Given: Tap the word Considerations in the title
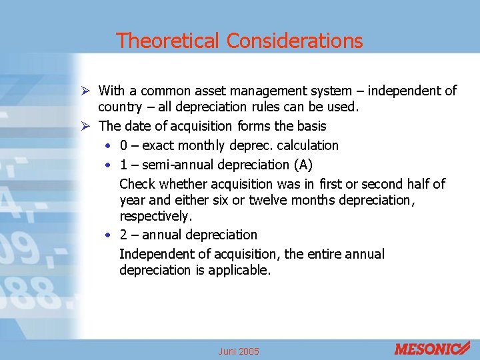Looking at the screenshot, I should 295,41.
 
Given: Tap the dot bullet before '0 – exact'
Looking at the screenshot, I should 109,145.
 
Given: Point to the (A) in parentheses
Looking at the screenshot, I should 302,164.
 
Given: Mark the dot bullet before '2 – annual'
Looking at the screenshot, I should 109,235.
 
